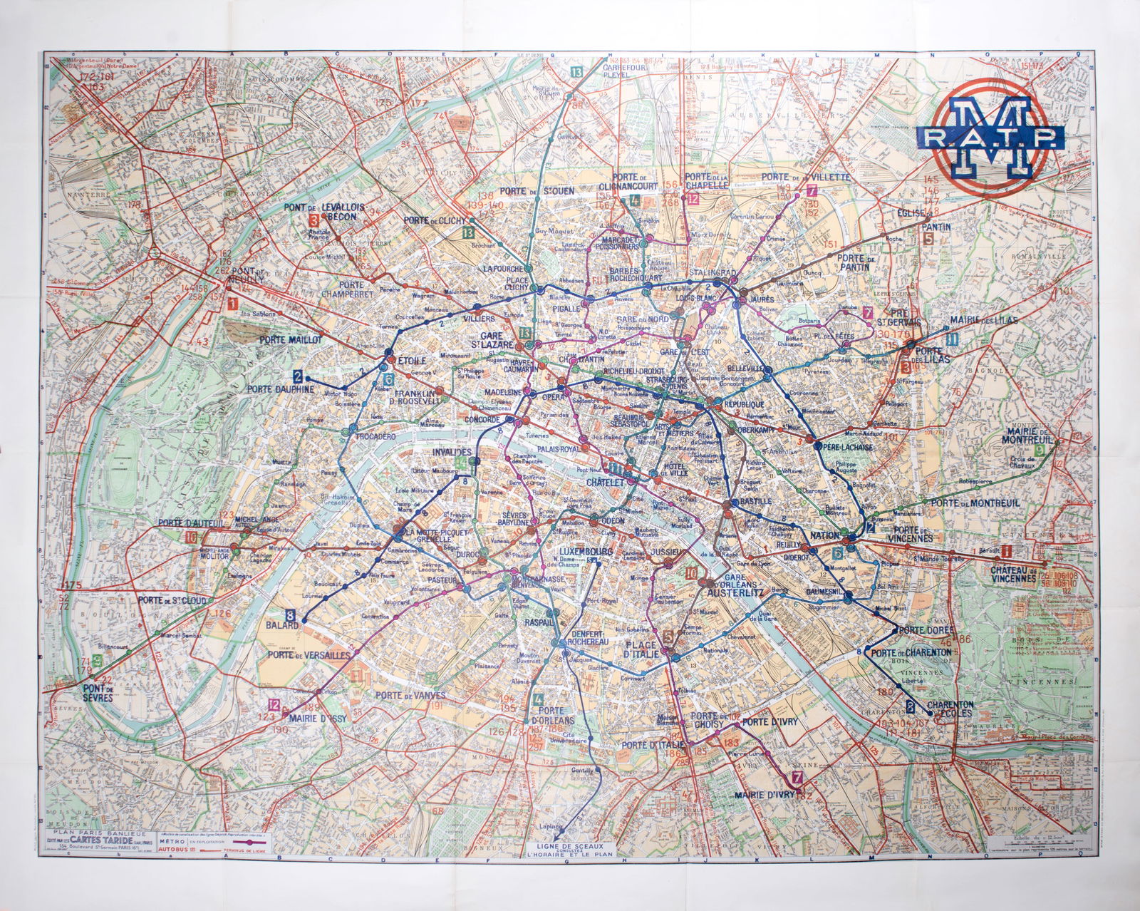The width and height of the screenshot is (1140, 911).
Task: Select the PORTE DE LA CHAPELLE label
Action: [705, 180]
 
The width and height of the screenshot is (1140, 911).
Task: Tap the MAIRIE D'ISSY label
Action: [323, 719]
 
